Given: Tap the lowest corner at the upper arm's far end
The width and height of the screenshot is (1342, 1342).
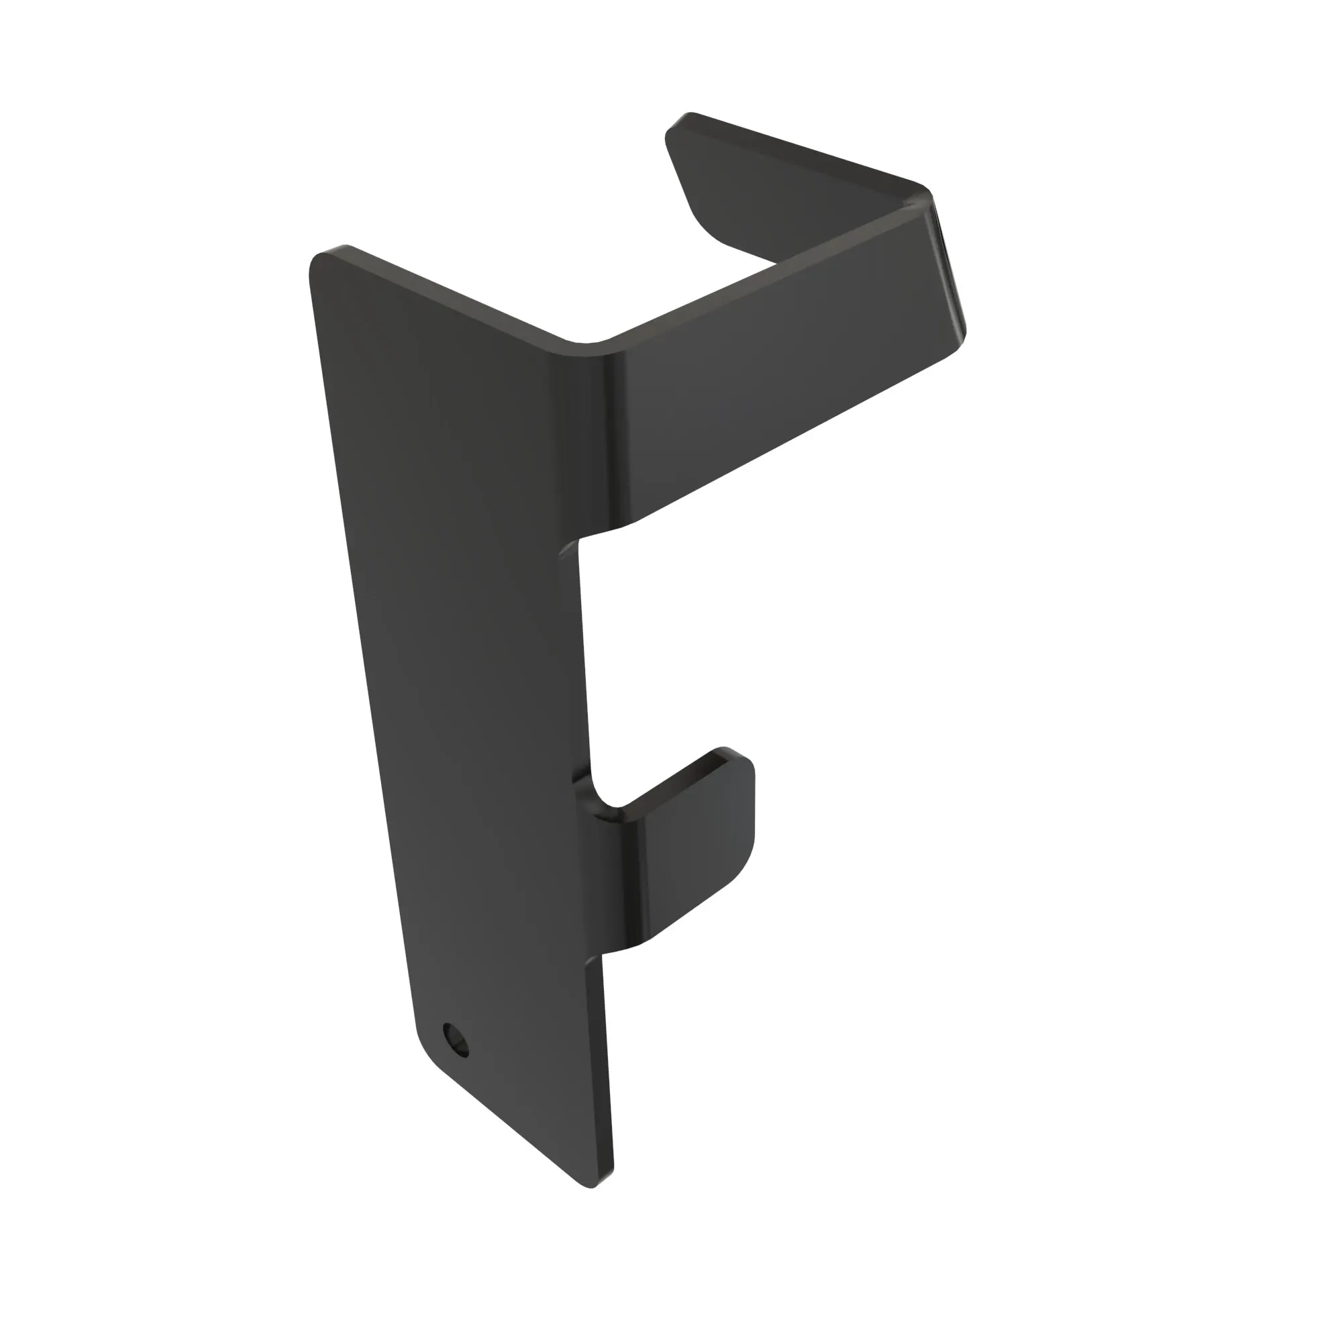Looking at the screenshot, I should pyautogui.click(x=962, y=340).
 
